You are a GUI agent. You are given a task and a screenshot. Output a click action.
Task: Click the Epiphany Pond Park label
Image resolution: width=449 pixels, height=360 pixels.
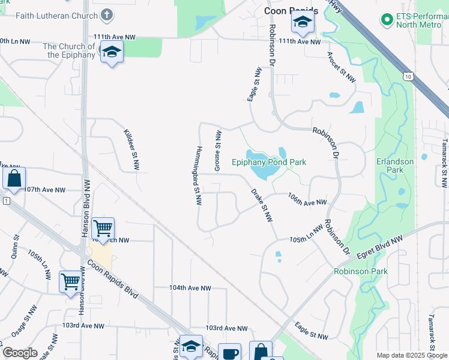click(269, 162)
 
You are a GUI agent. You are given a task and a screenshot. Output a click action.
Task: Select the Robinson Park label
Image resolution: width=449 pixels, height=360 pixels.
click(361, 271)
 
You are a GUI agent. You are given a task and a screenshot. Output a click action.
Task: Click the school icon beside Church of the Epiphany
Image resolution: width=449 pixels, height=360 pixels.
click(112, 53)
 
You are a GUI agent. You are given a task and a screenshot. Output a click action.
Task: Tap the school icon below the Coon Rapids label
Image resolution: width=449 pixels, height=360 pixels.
click(303, 23)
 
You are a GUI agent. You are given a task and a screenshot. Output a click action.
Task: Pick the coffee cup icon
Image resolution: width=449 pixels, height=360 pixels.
click(229, 353)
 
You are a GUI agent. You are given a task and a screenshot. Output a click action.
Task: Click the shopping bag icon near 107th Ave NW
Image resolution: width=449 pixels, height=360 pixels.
click(14, 178)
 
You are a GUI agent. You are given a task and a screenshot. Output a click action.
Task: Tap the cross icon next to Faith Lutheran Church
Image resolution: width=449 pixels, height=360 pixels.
click(106, 14)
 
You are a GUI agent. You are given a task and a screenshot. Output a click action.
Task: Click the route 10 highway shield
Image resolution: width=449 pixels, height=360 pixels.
click(408, 76)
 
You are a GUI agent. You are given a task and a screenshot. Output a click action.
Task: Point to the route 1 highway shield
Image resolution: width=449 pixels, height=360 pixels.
click(5, 200)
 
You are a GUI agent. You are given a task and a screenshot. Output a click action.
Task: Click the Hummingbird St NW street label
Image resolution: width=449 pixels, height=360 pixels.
click(197, 175)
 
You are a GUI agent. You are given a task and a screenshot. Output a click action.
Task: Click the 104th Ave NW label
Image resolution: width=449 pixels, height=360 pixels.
click(190, 288)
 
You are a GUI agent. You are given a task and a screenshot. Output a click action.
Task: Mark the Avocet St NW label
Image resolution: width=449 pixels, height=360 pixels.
click(342, 66)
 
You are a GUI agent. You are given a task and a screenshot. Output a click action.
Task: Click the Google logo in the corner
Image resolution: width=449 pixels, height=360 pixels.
click(20, 353)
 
